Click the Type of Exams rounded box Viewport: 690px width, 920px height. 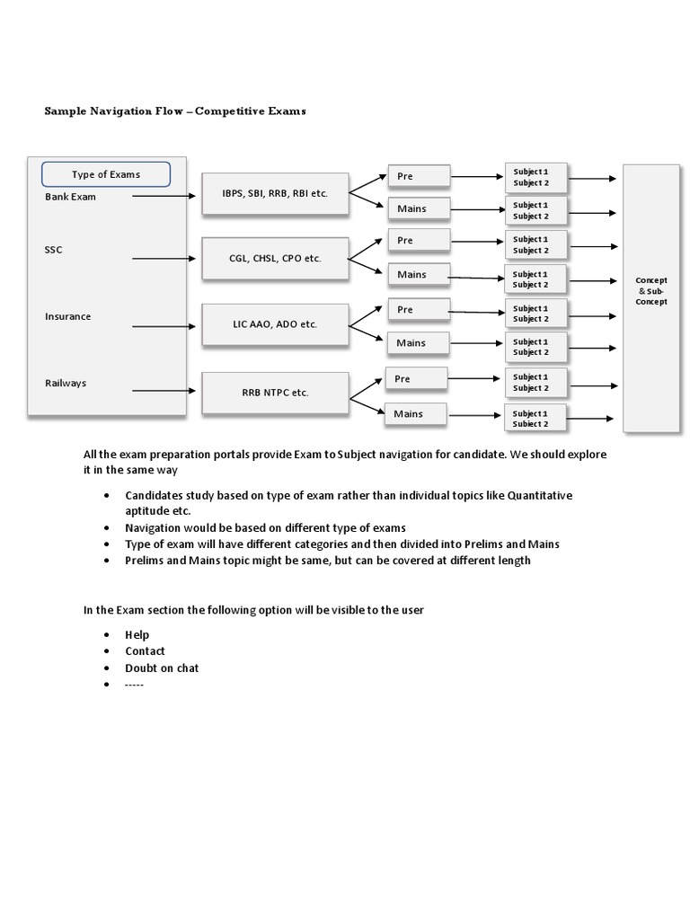106,174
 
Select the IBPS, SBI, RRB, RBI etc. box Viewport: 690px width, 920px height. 275,194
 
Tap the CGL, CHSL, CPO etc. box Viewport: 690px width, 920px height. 275,259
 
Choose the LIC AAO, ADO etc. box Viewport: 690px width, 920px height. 275,324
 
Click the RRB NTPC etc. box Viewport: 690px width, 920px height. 275,393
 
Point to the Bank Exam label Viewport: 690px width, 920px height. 70,197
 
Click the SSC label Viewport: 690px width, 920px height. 54,250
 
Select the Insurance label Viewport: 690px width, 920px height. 68,316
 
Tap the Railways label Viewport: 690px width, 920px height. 66,383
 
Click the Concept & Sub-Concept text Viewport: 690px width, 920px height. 651,291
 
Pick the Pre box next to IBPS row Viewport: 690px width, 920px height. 419,176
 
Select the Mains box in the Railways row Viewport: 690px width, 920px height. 417,414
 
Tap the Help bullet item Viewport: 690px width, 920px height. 137,634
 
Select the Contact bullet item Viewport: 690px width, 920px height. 145,651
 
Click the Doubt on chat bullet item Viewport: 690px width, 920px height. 162,668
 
